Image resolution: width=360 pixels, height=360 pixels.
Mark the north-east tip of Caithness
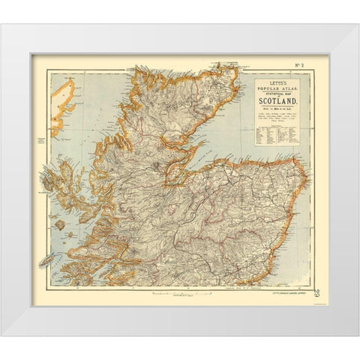pos(235,71)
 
